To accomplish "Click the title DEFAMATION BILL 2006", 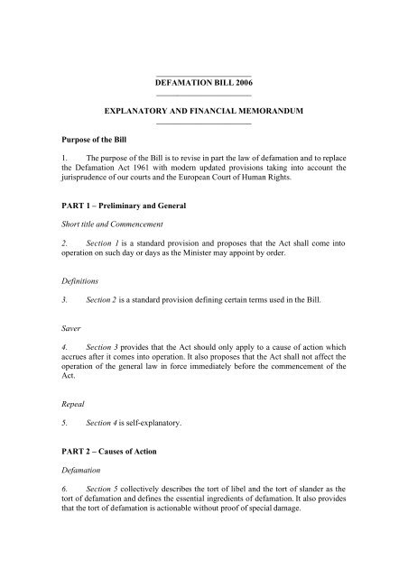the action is click(x=203, y=81).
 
